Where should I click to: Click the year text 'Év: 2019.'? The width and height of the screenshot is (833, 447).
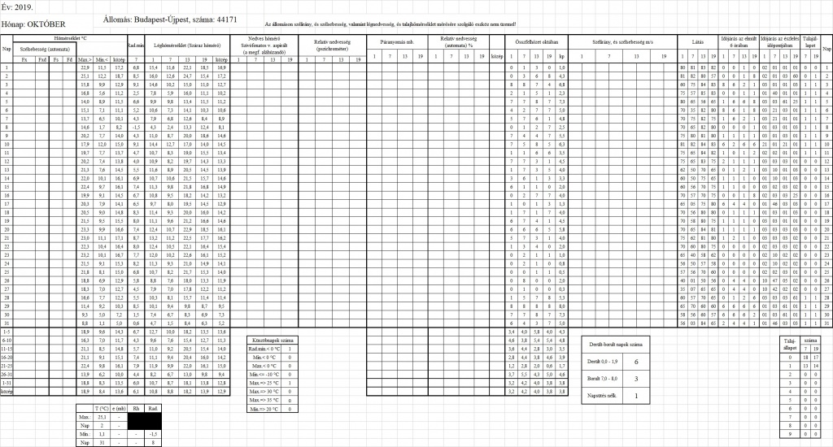17,6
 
